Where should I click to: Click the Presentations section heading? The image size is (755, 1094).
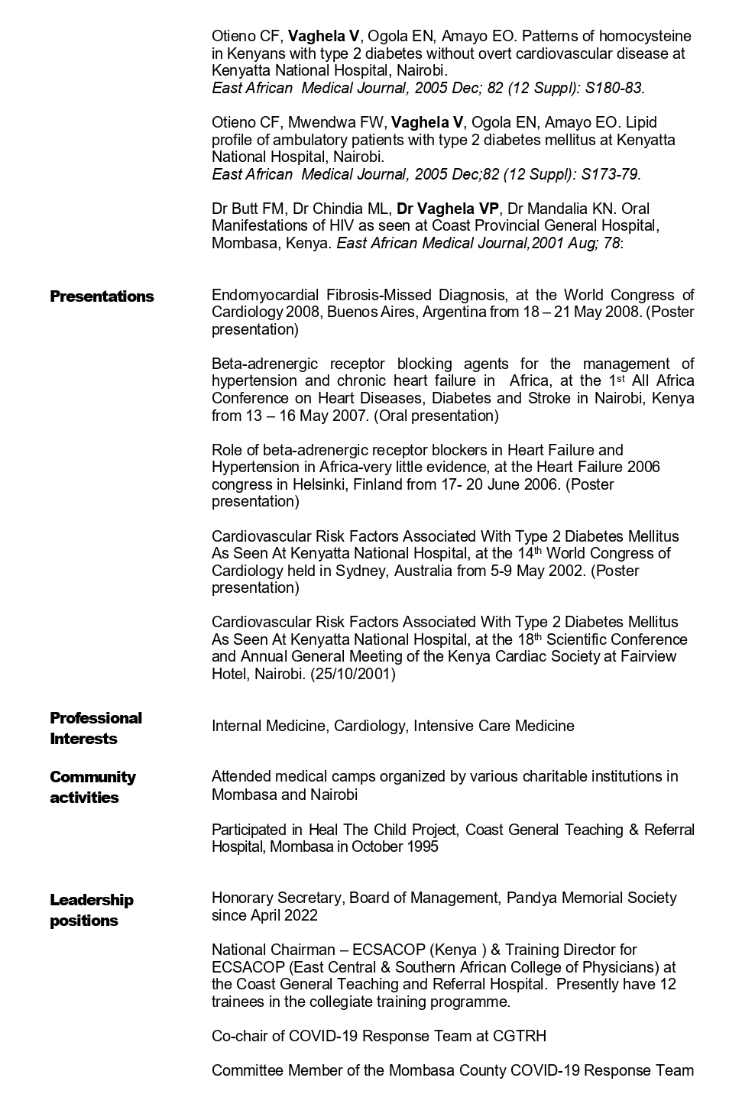[102, 296]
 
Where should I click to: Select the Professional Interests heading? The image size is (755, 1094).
[96, 728]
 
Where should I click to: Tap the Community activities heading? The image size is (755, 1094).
[92, 787]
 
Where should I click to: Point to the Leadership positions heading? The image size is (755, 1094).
[91, 910]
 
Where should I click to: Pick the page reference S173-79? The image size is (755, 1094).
[611, 174]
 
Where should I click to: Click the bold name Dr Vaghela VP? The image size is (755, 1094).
[448, 209]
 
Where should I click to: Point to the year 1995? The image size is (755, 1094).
[423, 846]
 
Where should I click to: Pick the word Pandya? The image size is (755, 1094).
[531, 898]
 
